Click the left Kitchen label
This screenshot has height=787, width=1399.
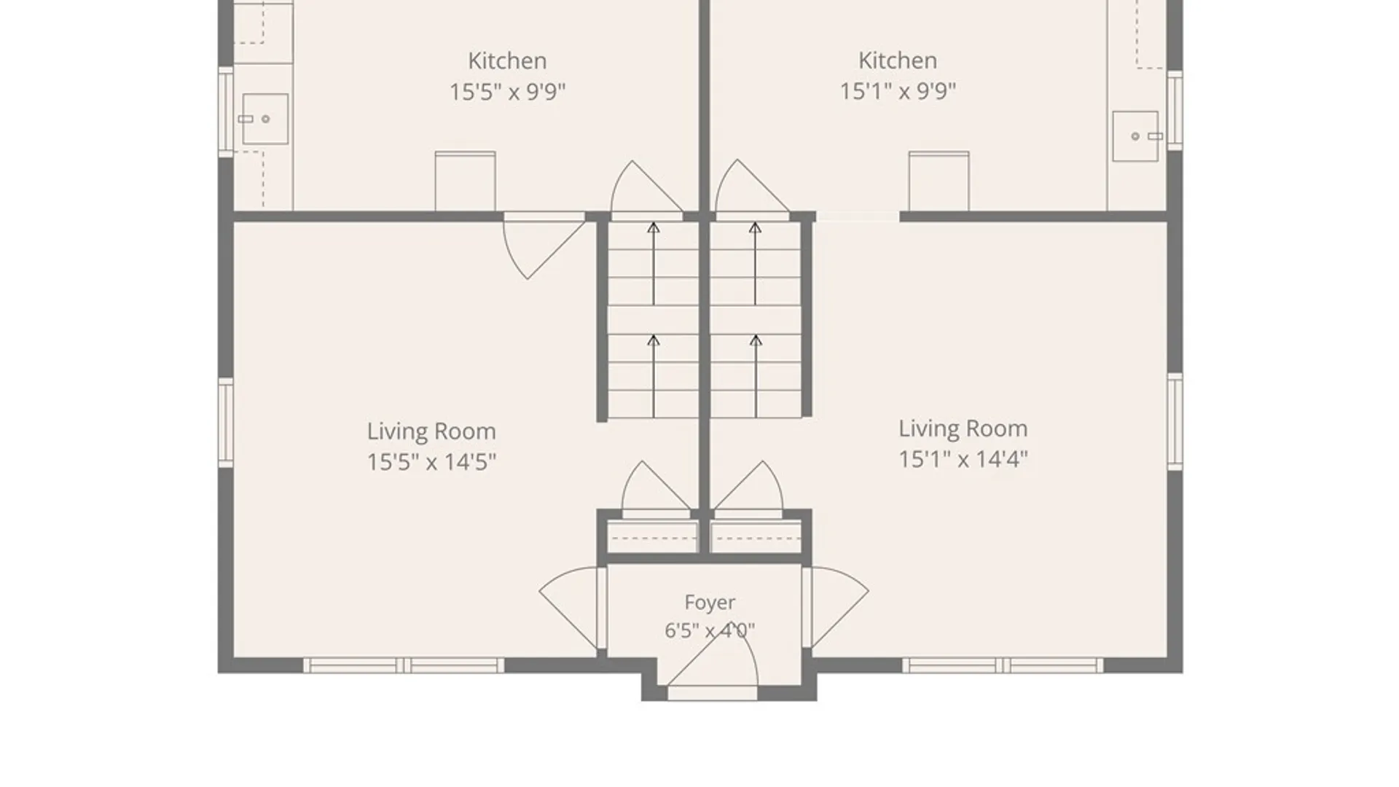507,60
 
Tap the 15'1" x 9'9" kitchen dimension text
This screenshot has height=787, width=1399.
898,92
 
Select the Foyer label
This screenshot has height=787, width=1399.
710,603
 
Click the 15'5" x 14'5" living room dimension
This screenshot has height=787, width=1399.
431,462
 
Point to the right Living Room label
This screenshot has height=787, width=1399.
963,428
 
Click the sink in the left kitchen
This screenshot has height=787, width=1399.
264,119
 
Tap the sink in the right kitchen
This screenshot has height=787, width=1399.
1135,136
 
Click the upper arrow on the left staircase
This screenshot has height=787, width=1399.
654,263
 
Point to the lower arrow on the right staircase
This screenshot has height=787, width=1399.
756,376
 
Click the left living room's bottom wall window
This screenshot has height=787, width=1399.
403,665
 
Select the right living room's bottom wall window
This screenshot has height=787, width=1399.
1003,665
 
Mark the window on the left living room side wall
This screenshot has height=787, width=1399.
226,423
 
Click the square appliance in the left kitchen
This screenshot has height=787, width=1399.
465,181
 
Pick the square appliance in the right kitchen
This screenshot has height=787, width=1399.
938,181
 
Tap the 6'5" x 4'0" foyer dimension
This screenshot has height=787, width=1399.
710,630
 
